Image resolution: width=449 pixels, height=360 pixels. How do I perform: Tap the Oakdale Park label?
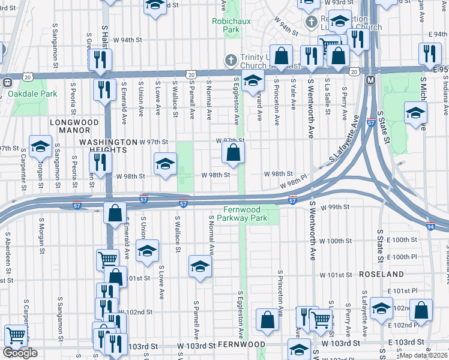click(33, 94)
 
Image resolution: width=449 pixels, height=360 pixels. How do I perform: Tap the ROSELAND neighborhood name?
click(381, 274)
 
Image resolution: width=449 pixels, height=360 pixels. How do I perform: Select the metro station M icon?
click(370, 80)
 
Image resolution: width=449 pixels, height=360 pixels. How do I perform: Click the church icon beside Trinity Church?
click(229, 59)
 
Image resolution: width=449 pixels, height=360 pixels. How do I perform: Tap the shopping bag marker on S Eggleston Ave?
click(234, 154)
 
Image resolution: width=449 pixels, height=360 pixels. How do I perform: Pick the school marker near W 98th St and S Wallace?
click(165, 163)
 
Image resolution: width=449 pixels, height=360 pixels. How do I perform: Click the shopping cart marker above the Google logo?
click(15, 335)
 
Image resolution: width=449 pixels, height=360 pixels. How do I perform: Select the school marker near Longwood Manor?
click(40, 147)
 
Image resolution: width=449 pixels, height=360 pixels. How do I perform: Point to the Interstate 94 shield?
click(430, 226)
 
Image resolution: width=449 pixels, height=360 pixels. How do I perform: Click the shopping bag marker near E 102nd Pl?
click(421, 310)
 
